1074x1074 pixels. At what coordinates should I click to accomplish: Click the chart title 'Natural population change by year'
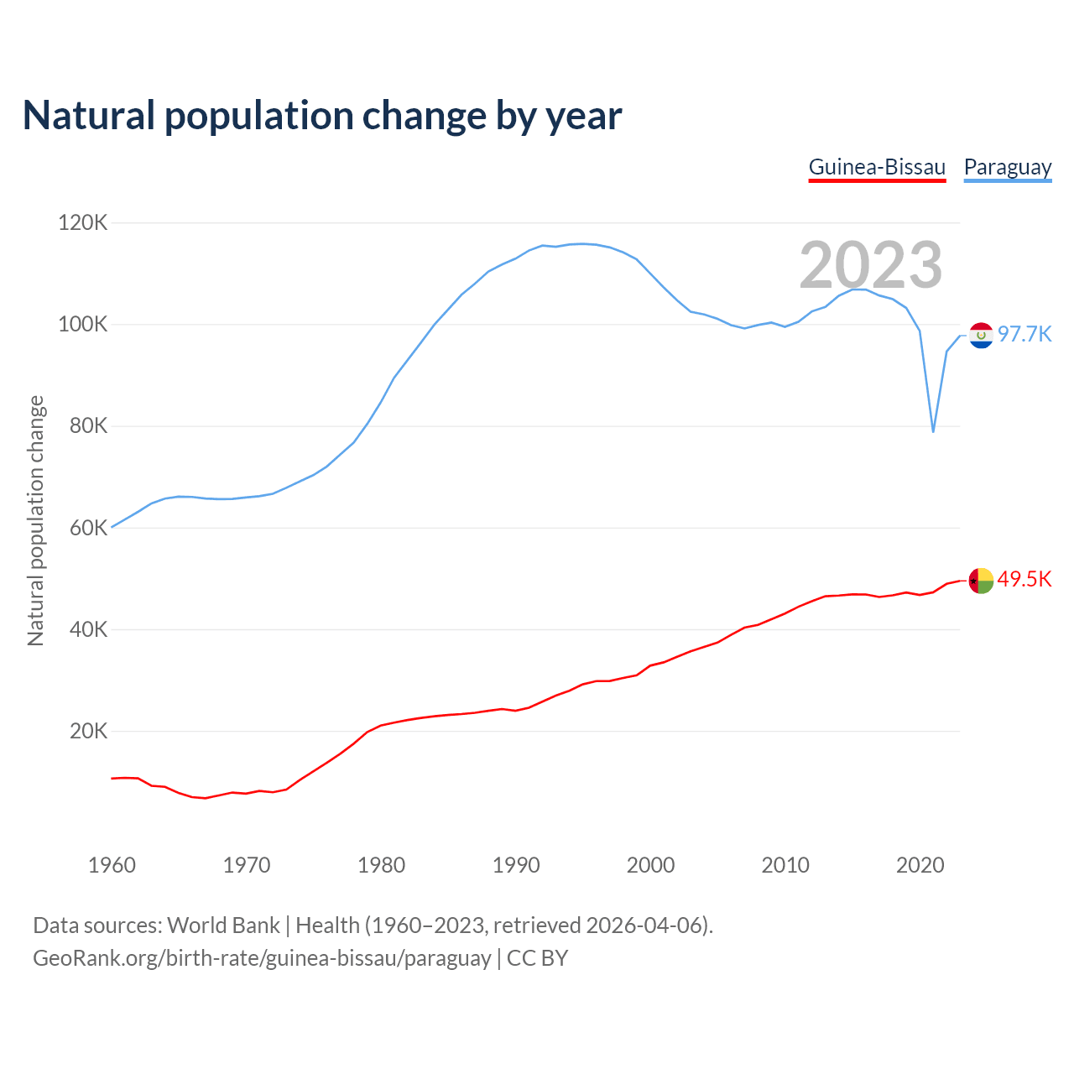coord(321,116)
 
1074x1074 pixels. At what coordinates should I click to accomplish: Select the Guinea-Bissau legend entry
coord(877,167)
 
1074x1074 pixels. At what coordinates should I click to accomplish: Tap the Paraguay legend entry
coord(1008,167)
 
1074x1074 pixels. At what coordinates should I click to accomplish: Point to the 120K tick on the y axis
coord(83,223)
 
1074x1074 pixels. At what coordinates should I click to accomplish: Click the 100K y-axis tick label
coord(83,325)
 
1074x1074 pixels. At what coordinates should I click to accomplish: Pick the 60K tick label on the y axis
coord(88,528)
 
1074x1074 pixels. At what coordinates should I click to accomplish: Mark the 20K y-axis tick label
coord(88,731)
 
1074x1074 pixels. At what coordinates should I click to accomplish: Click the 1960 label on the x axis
coord(112,865)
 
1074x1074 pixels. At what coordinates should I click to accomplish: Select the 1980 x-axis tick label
coord(381,865)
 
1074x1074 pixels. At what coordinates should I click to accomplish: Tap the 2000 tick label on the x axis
coord(650,865)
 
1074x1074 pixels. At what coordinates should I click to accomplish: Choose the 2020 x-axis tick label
coord(920,865)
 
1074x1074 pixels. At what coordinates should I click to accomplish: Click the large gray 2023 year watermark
coord(871,265)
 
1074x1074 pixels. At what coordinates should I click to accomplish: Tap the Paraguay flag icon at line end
coord(981,335)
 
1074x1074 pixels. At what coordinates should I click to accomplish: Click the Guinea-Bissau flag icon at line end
coord(981,580)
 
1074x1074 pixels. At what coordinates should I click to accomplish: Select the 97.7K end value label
coord(1024,335)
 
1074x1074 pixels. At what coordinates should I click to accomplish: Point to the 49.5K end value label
coord(1024,580)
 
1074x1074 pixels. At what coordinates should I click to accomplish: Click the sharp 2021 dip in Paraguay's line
coord(933,430)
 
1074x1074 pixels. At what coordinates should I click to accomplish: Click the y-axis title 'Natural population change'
coord(36,520)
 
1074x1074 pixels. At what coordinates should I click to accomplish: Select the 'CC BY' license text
coord(537,958)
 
